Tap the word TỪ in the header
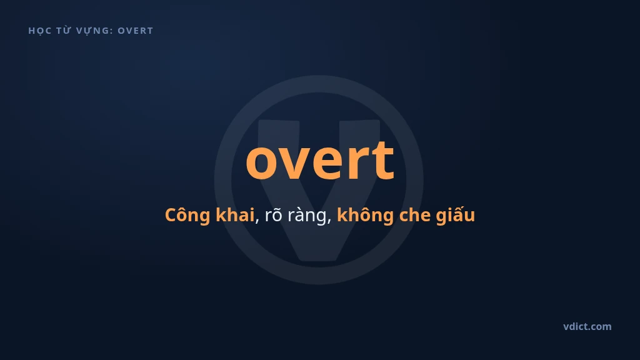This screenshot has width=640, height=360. pos(63,30)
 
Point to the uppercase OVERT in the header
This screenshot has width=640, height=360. pos(136,31)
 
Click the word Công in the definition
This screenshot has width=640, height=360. pos(187,215)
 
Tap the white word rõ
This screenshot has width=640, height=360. pos(274,215)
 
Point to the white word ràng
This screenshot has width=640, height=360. pos(307,216)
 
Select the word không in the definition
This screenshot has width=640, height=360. pos(365,215)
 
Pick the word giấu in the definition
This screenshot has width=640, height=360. pos(456,215)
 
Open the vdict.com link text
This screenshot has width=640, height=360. pos(587,326)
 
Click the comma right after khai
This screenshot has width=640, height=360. pos(257,221)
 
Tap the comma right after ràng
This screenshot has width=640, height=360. pos(329,221)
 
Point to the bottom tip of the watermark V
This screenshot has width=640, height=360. pos(319,260)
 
